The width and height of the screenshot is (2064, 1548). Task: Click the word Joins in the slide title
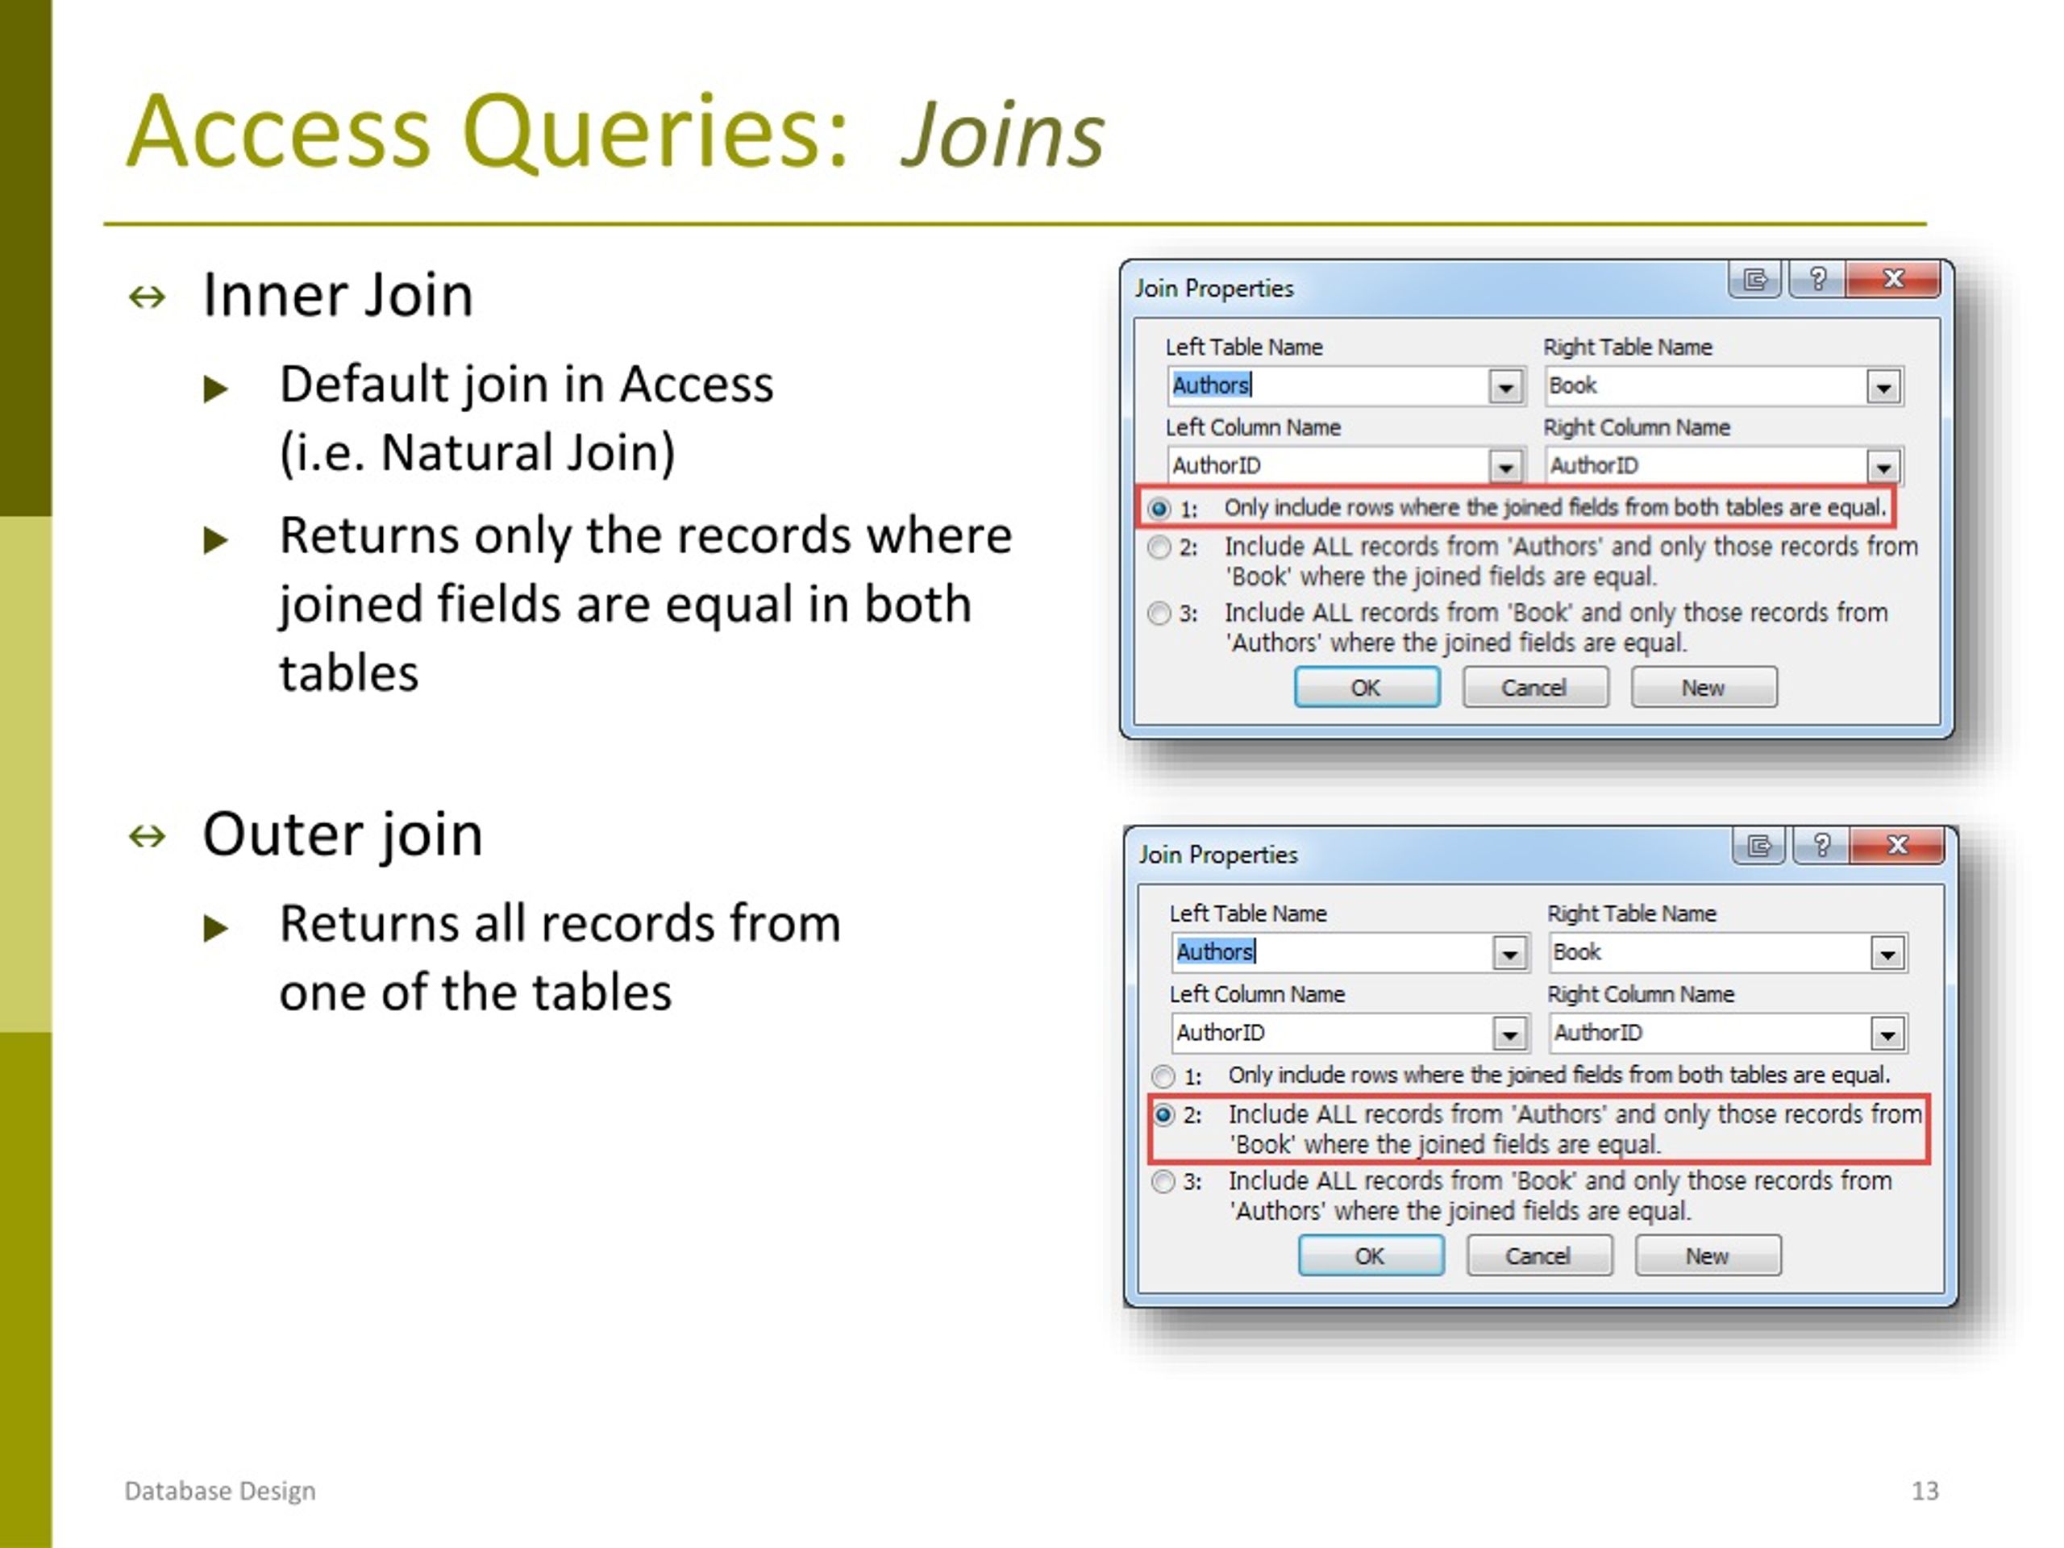tap(1002, 136)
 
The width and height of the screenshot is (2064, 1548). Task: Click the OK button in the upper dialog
tap(1366, 688)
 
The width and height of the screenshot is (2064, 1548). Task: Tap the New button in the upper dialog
tap(1703, 688)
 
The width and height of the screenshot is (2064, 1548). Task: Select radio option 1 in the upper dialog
tap(1159, 510)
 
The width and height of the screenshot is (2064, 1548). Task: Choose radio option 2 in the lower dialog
tap(1163, 1115)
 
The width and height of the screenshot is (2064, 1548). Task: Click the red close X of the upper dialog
tap(1893, 279)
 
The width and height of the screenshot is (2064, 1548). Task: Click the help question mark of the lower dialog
tap(1821, 846)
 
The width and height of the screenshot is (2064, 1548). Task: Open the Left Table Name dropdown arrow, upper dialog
tap(1505, 386)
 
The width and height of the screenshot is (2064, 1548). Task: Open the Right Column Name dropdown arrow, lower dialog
tap(1887, 1034)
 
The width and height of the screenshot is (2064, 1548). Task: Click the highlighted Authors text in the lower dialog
tap(1215, 951)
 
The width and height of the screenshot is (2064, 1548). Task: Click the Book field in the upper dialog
tap(1573, 385)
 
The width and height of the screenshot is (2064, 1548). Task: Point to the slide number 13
tap(1924, 1490)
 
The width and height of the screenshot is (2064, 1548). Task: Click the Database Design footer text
tap(220, 1491)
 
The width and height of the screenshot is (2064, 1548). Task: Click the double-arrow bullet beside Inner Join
tap(148, 298)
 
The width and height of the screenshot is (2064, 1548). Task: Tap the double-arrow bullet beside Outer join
tap(148, 836)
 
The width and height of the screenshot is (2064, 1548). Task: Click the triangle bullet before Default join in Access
tap(215, 388)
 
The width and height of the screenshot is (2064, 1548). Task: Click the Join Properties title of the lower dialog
tap(1217, 855)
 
